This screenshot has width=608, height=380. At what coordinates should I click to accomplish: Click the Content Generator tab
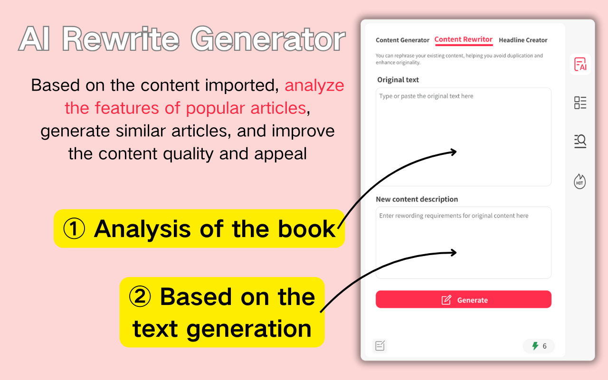[x=402, y=40]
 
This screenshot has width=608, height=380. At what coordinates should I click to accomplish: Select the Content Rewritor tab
[x=463, y=39]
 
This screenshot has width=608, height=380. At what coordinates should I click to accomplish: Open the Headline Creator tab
[x=523, y=40]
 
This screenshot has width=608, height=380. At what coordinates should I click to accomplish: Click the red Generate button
[x=463, y=300]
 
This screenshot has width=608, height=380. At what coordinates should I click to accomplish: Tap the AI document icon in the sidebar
[x=580, y=64]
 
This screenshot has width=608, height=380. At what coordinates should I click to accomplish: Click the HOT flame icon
[x=580, y=181]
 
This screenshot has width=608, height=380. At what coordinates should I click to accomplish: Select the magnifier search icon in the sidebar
[x=580, y=141]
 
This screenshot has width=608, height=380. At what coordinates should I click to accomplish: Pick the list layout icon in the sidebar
[x=580, y=103]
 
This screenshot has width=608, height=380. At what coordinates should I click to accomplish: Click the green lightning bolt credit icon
[x=535, y=346]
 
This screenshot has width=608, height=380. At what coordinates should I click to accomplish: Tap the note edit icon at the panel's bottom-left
[x=380, y=346]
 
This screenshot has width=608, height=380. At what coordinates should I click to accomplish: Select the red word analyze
[x=314, y=85]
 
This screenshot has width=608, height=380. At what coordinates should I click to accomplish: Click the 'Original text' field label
[x=398, y=80]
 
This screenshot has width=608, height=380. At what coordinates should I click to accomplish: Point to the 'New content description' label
[x=417, y=199]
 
